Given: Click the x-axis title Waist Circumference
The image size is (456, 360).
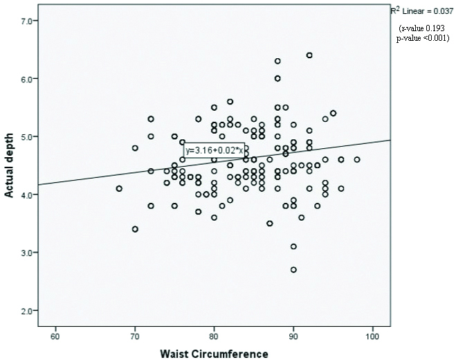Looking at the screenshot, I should (214, 353).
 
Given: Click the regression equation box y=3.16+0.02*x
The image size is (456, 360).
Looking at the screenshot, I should (213, 150).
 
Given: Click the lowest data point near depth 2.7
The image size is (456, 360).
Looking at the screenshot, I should (293, 269).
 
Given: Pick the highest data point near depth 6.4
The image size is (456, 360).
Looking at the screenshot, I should (309, 55).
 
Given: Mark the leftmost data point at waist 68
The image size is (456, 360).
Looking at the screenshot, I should (119, 188).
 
